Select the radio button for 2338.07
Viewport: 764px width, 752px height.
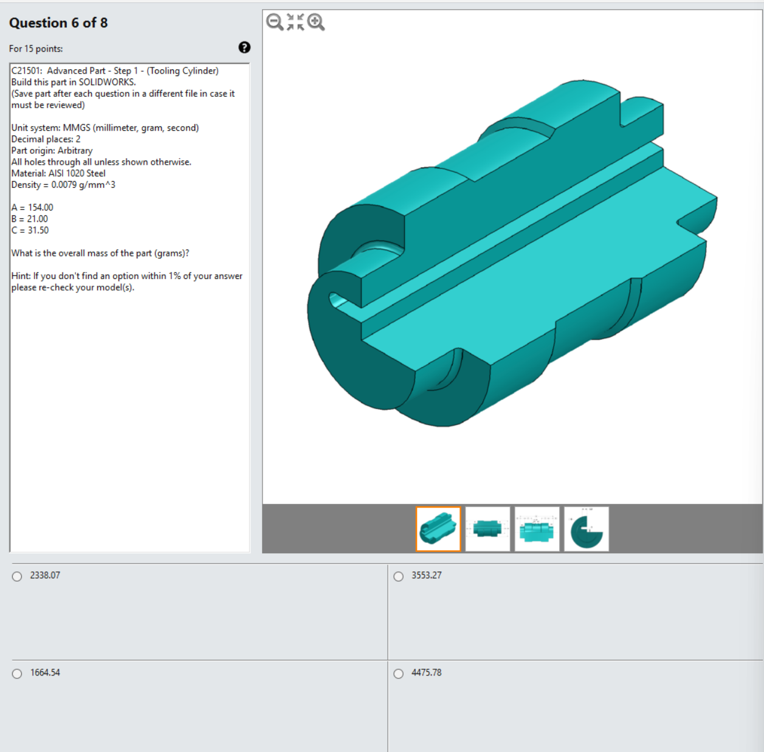(x=17, y=576)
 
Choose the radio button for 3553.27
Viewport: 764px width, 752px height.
(x=399, y=576)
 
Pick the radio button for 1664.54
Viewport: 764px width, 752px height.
(x=17, y=674)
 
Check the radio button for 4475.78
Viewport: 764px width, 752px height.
(x=399, y=674)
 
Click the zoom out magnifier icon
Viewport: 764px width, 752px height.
(x=275, y=22)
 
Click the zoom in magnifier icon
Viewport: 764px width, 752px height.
(x=316, y=22)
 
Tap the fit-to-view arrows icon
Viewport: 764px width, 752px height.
(x=295, y=22)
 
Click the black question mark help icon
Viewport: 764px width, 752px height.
(x=244, y=47)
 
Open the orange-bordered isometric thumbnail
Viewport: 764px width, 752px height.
(x=438, y=529)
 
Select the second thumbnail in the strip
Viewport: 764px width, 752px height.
(x=487, y=529)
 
